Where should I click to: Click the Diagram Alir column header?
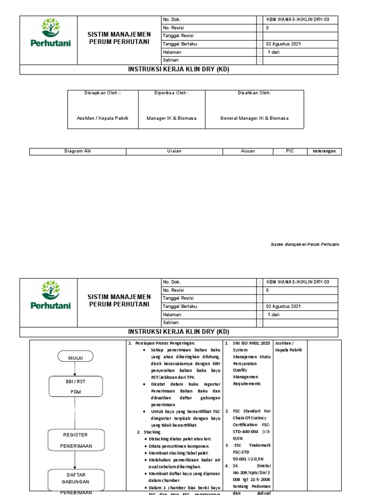tap(78, 151)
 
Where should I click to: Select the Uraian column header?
tap(174, 151)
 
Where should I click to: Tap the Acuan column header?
tap(247, 151)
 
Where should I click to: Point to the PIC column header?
tap(290, 151)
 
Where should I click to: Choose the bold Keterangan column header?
tap(324, 151)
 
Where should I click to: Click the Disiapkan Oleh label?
tap(102, 93)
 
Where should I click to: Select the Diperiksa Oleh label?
tap(171, 93)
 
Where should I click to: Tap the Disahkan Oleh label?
tap(254, 93)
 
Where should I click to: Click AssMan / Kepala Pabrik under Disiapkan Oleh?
tap(102, 118)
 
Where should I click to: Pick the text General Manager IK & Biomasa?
tap(254, 118)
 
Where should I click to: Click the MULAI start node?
tap(74, 357)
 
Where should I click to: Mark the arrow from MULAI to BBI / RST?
tap(74, 369)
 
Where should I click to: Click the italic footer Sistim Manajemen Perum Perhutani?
tap(304, 245)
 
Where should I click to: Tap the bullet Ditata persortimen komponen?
tap(180, 445)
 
